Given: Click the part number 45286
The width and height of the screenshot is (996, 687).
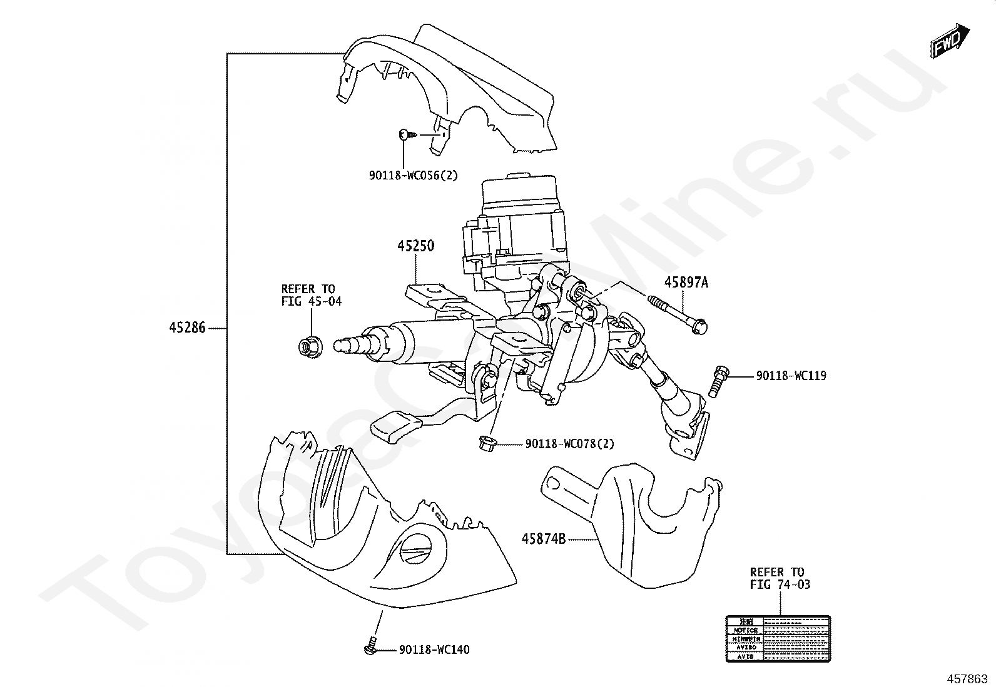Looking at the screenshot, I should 186,328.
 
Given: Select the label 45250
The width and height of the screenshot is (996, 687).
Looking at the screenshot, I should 415,246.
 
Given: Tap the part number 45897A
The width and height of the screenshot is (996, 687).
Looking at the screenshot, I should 686,283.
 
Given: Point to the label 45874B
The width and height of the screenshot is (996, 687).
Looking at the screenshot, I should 544,538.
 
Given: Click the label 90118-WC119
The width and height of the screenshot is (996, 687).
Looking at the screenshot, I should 791,376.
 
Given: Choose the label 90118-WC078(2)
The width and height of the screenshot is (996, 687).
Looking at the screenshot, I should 569,444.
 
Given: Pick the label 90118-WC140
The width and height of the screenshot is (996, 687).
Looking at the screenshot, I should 434,650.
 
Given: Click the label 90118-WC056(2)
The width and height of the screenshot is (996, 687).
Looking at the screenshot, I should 413,176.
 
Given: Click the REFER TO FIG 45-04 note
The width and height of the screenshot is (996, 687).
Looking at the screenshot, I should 311,295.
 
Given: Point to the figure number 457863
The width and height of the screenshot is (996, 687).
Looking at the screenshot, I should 969,678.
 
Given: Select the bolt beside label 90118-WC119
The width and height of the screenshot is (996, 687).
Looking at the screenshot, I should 719,380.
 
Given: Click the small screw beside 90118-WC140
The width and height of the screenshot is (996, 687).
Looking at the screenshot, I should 370,648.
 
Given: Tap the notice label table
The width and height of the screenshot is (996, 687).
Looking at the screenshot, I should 778,638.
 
